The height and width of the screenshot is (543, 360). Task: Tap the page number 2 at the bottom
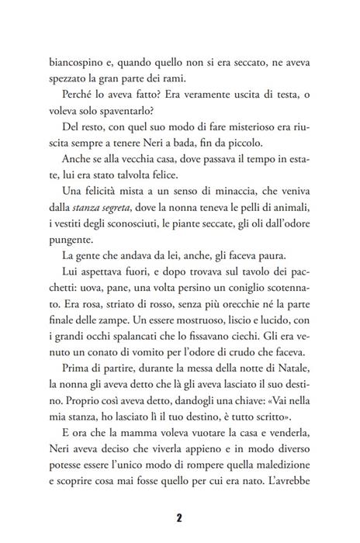[x=178, y=517]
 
